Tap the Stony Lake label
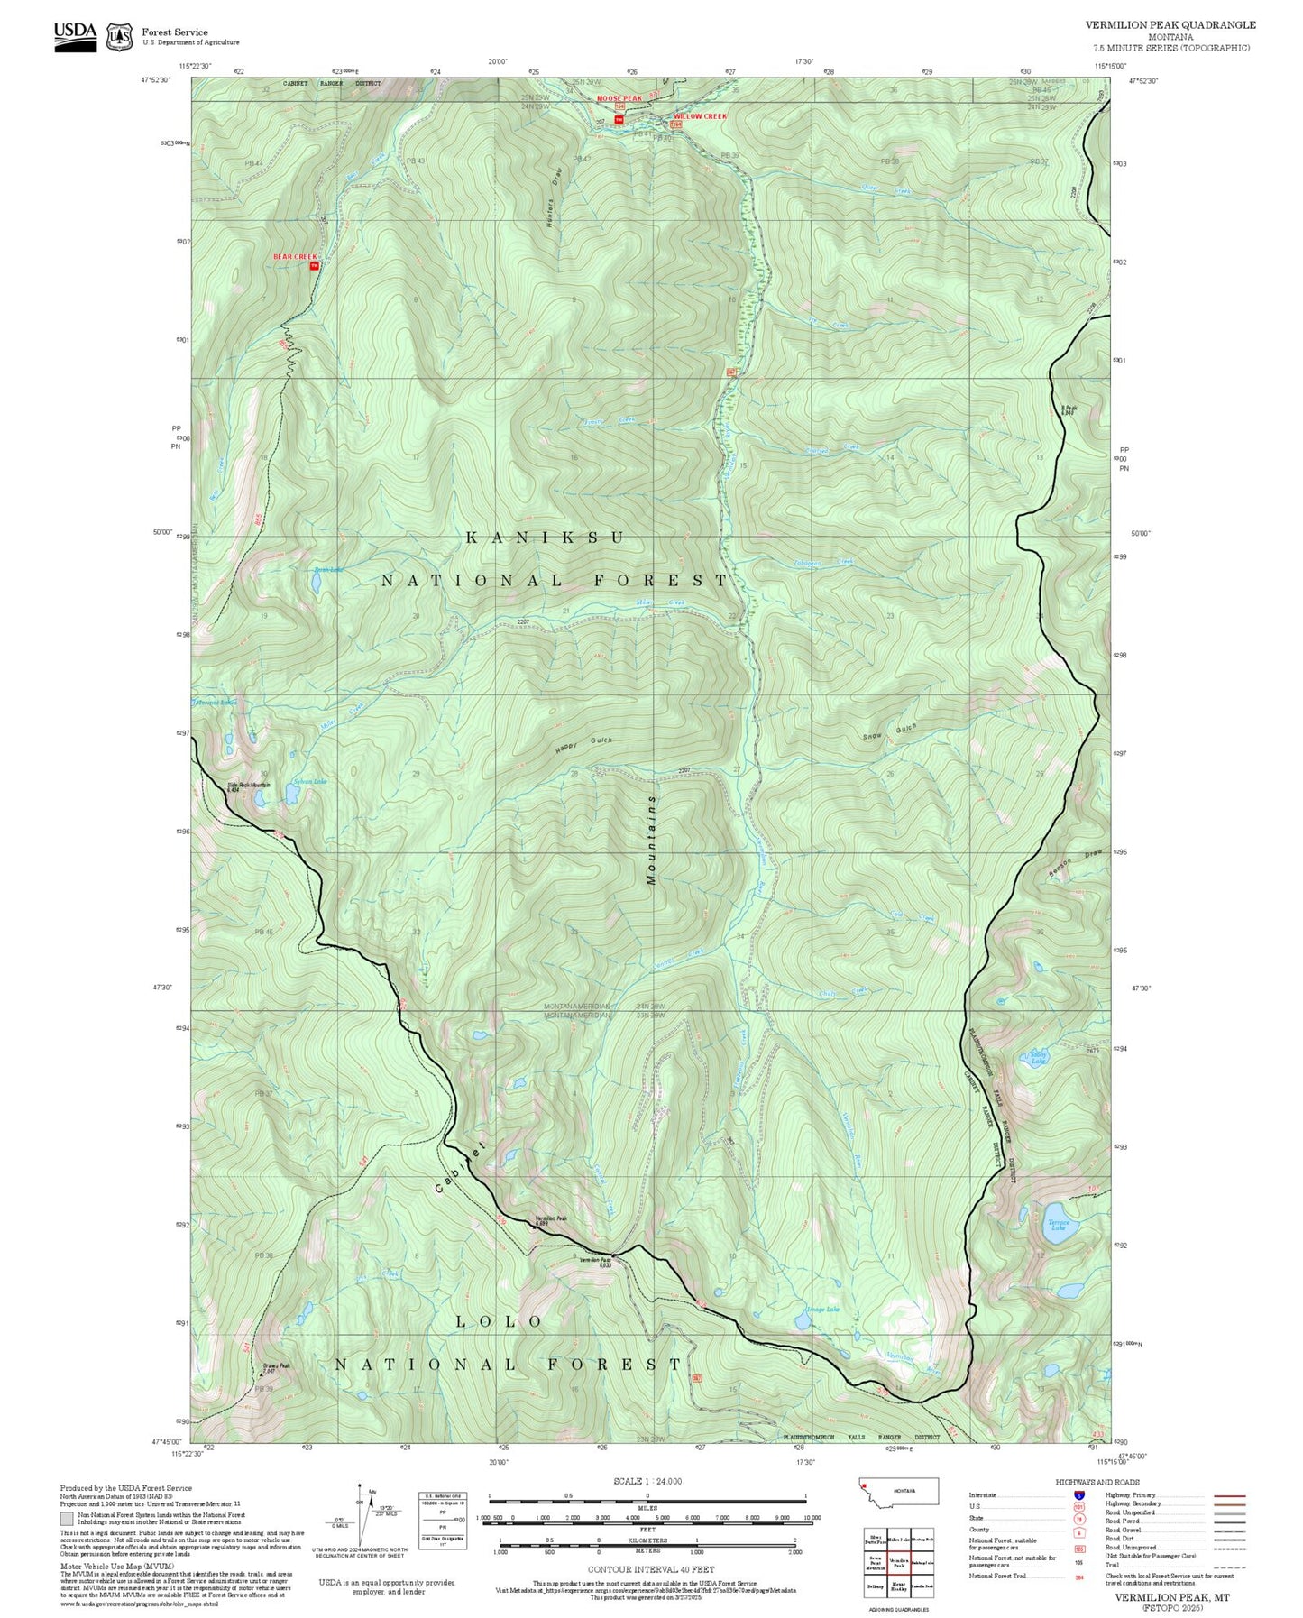coord(1038,1058)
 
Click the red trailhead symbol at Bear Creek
coord(314,266)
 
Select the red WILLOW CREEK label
coord(700,116)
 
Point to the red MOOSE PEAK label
coord(619,98)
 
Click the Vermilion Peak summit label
coord(551,1219)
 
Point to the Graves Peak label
coord(276,1367)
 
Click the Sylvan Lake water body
coord(292,794)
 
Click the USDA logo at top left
coord(75,35)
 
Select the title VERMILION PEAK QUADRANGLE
coord(1170,25)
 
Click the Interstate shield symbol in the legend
coord(1078,1494)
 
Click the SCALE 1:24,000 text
coord(647,1481)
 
